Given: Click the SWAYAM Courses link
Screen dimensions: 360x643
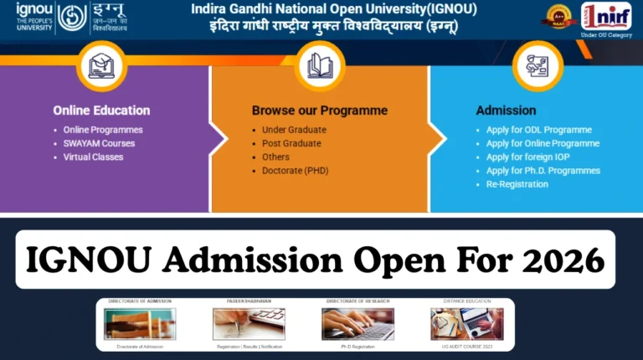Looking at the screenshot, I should (99, 143).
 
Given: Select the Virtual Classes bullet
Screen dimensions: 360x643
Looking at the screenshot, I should (93, 157).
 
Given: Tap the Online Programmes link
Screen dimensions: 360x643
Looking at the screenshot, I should (103, 130).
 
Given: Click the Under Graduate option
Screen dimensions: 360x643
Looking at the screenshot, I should (294, 130).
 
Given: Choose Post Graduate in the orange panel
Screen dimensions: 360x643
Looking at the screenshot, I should (291, 143).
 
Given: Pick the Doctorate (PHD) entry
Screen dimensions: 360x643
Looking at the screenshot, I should (294, 171).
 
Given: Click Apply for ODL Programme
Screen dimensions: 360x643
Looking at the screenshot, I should (538, 130).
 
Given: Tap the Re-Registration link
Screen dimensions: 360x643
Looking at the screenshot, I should (517, 184).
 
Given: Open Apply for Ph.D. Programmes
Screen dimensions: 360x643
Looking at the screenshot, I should (543, 171).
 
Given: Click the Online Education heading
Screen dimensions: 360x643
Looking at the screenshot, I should (101, 111).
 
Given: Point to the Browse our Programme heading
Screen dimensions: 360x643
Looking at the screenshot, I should (319, 111).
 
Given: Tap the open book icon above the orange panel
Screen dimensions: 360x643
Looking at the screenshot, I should (321, 65).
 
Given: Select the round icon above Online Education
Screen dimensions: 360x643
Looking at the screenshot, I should (101, 65).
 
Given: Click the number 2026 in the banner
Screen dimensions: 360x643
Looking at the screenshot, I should (564, 260).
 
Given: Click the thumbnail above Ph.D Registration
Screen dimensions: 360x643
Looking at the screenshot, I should (358, 324).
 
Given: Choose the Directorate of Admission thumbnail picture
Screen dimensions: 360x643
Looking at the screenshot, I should (140, 324).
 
